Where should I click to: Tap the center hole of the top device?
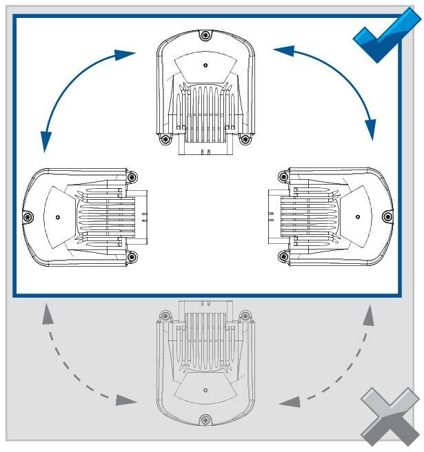205,65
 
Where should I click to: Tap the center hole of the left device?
58,217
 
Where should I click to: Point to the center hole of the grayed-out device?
205,390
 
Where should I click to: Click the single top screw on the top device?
203,36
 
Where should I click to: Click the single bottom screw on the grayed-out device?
204,420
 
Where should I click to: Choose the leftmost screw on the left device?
28,218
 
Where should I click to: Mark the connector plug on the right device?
273,216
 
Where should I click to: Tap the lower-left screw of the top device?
164,139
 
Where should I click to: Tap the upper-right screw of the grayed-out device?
244,316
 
